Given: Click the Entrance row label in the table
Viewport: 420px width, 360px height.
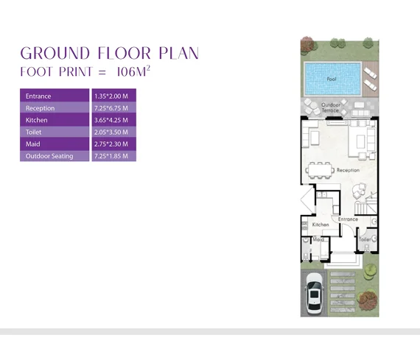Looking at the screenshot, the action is [x=38, y=96].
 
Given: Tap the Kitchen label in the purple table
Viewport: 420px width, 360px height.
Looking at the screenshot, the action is [x=36, y=120].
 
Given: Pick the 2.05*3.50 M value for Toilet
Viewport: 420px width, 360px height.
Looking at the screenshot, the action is [x=111, y=132].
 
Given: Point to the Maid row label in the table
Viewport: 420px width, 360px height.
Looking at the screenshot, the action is [x=32, y=144].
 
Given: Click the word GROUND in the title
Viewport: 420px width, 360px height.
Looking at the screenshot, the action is [x=55, y=53].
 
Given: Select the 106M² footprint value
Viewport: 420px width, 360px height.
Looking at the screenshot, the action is [x=133, y=71].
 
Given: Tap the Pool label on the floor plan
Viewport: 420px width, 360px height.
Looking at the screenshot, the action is [x=332, y=80].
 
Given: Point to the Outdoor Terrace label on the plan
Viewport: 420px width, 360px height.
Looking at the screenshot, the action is [x=331, y=107].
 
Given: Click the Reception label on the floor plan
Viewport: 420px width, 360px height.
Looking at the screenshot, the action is [x=348, y=170].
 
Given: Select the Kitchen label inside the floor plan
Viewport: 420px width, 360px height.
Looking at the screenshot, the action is [x=321, y=225].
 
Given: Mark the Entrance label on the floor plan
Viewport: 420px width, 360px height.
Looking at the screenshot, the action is [x=348, y=219].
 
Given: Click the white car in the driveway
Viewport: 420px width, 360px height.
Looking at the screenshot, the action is [x=315, y=293].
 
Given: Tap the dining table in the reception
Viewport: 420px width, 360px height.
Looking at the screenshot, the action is [x=320, y=170].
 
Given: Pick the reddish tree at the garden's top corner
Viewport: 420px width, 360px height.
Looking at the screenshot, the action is [x=307, y=43].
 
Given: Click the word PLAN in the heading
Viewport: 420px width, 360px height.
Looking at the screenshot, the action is [x=178, y=53].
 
